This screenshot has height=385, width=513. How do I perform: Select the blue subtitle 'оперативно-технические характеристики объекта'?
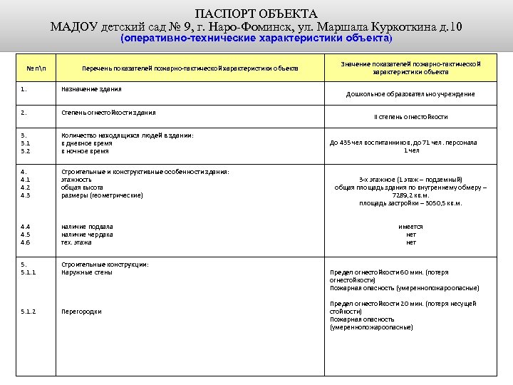256,38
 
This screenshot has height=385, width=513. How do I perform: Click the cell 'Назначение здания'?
91,89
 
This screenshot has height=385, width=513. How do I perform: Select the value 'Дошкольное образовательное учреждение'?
410,94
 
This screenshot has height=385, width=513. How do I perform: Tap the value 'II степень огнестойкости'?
410,117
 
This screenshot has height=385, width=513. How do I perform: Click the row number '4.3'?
26,195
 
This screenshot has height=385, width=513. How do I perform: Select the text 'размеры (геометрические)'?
102,195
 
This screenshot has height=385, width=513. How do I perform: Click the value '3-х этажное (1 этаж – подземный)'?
410,180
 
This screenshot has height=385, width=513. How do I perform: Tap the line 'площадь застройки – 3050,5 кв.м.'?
410,203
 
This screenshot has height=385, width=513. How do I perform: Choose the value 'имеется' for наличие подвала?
410,227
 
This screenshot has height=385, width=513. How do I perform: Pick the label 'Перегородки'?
81,312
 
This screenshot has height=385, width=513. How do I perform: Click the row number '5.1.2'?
28,312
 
